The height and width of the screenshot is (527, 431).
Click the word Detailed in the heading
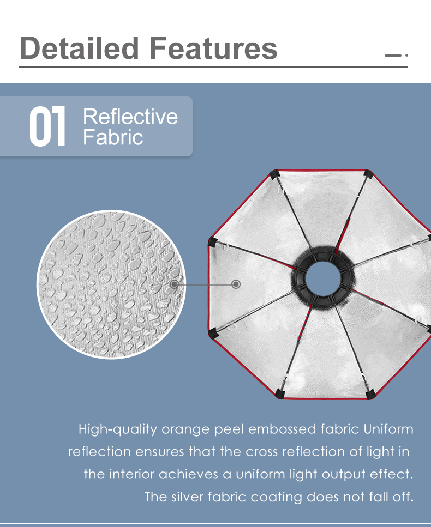pos(80,49)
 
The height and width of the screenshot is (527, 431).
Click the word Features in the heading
pos(213,49)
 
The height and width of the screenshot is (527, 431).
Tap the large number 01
pos(47,126)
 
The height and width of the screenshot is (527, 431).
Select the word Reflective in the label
pos(130,117)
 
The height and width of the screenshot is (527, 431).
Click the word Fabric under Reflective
pos(113,137)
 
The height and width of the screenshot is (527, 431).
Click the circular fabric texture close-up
pos(111,284)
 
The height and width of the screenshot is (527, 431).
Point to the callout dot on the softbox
pos(236,284)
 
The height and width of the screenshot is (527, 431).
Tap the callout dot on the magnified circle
pos(174,284)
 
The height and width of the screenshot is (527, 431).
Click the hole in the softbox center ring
pos(322,278)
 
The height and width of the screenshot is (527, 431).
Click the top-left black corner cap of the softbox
pos(274,174)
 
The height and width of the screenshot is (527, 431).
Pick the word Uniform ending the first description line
pos(388,429)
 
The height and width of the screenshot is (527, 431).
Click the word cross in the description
pos(261,452)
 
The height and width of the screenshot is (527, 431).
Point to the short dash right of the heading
pos(393,55)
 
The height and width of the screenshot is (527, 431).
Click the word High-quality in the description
pos(118,430)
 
